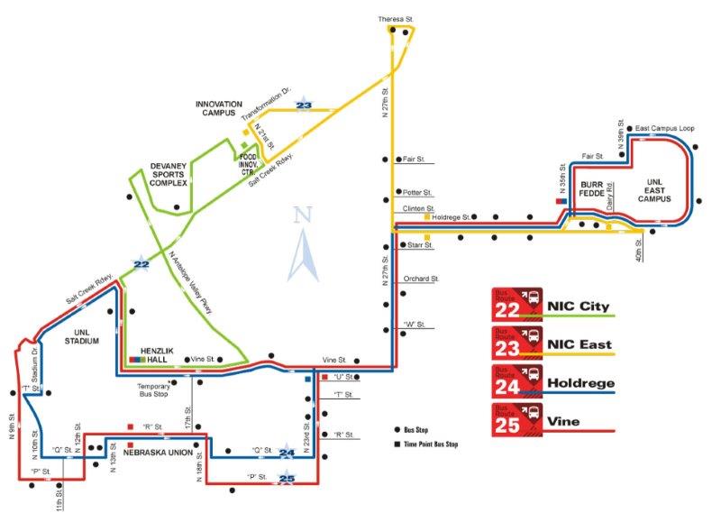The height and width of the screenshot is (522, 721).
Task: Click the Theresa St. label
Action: (397, 18)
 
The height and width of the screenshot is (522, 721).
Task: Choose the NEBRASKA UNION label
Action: (161, 453)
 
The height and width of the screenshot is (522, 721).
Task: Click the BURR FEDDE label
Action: (591, 188)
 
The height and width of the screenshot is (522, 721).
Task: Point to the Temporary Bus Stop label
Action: (146, 389)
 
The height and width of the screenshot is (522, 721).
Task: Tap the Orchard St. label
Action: (421, 279)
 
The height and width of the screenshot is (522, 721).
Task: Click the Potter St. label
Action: (418, 193)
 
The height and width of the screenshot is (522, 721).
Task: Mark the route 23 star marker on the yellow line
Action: (304, 106)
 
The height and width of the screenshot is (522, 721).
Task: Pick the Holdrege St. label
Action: (452, 217)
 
